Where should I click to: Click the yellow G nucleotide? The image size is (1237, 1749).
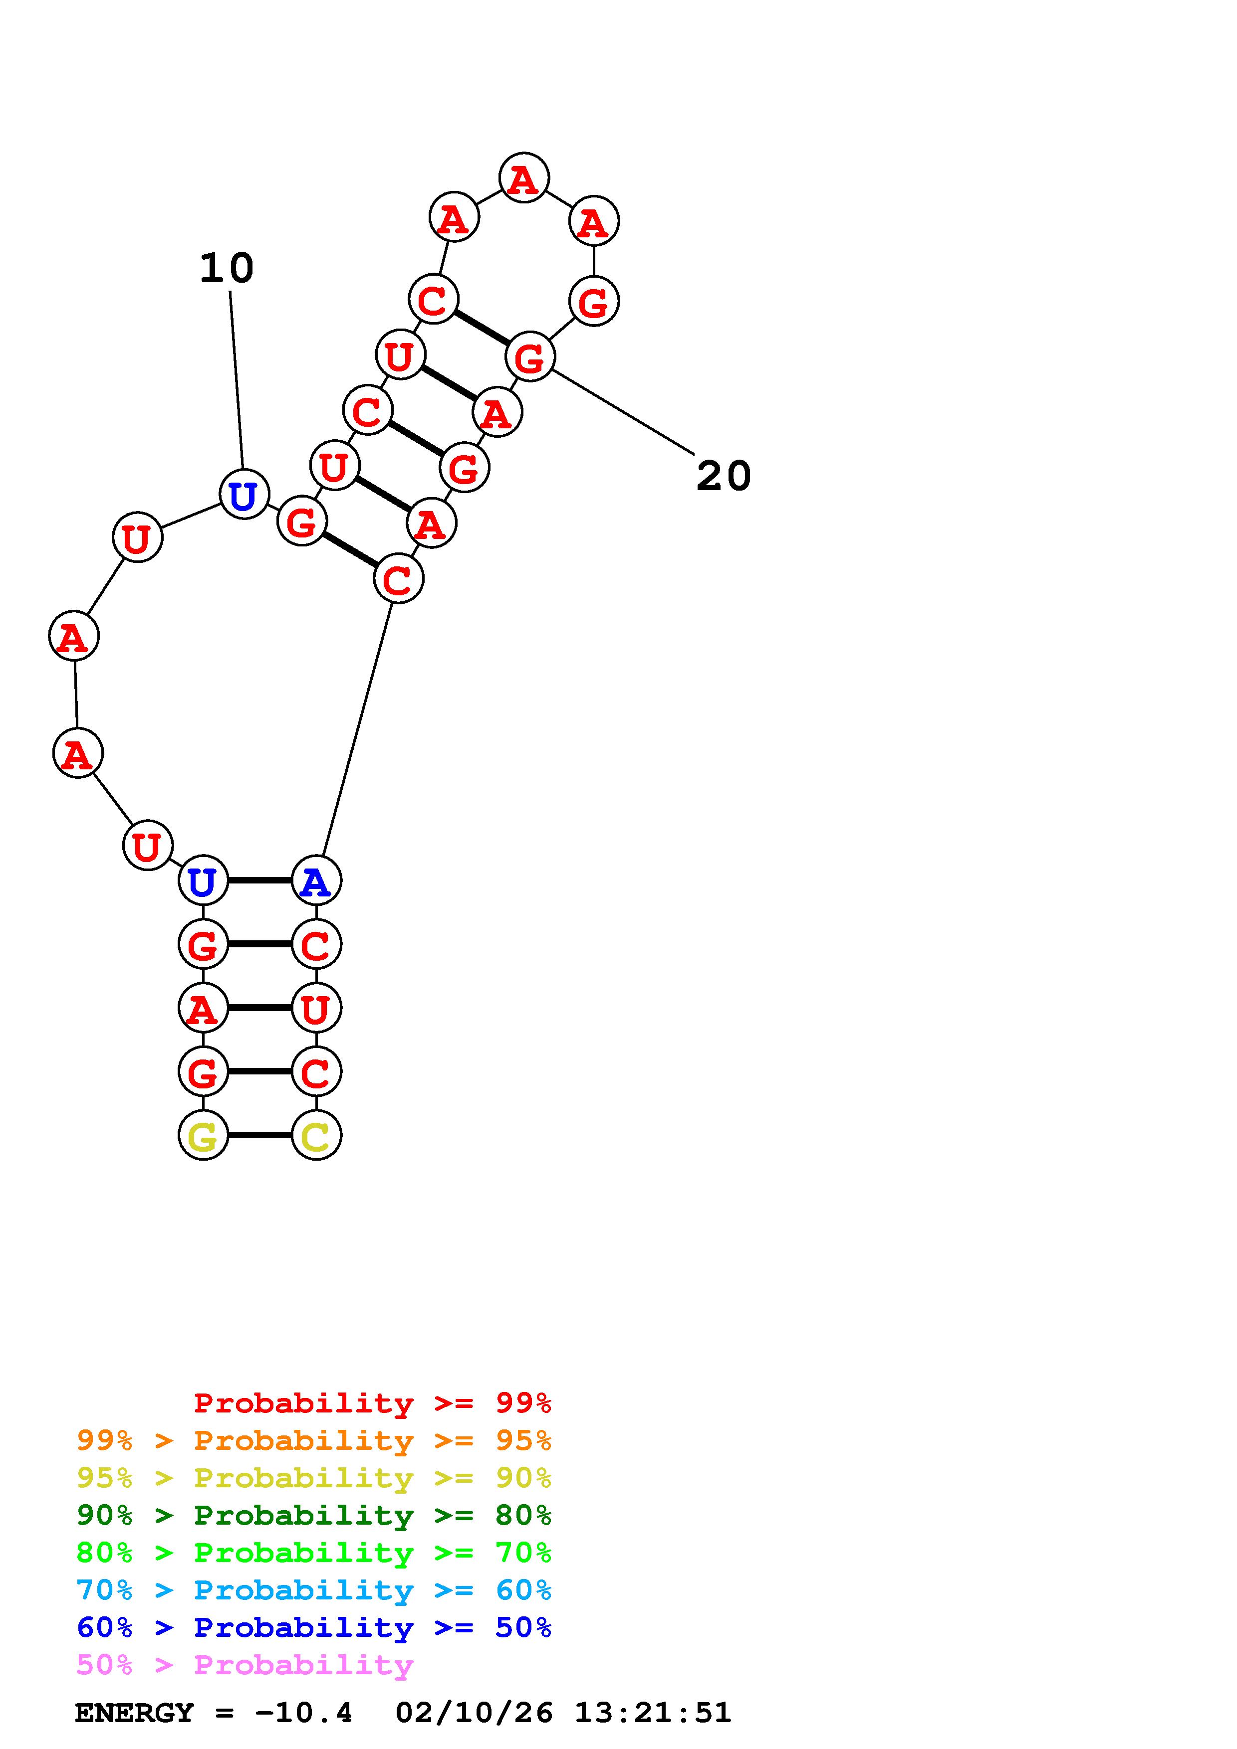click(x=203, y=1135)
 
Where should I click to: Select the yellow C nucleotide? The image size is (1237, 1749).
click(x=316, y=1135)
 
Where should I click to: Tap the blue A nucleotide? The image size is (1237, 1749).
click(x=316, y=880)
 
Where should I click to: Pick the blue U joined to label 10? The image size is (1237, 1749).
click(x=244, y=495)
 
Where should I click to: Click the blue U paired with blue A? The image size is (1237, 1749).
click(x=203, y=880)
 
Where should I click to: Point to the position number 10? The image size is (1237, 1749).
click(x=227, y=268)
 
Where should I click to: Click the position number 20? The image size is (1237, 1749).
click(x=724, y=476)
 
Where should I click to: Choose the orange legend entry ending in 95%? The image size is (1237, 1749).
click(x=314, y=1440)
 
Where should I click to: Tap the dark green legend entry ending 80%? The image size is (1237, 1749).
click(x=314, y=1515)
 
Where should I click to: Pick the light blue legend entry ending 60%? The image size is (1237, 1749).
click(x=314, y=1590)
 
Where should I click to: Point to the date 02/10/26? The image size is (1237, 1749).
click(x=474, y=1713)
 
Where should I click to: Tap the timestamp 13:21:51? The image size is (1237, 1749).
click(x=652, y=1713)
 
